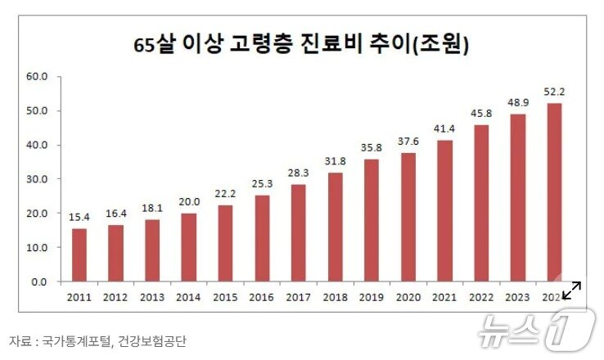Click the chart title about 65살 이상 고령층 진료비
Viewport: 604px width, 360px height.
click(301, 43)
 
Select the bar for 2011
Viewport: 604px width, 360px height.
click(79, 254)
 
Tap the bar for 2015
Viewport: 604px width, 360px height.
click(225, 243)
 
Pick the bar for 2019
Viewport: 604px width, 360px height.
click(371, 220)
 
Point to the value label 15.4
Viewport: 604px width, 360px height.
click(79, 217)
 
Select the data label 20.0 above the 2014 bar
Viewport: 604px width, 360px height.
click(189, 201)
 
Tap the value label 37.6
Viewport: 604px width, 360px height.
click(408, 141)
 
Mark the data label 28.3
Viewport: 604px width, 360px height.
click(298, 173)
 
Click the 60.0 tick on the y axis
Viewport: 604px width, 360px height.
click(38, 77)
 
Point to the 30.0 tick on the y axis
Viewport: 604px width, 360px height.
click(38, 179)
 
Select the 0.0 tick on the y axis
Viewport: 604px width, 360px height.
click(40, 281)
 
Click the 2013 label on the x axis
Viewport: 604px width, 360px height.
click(152, 297)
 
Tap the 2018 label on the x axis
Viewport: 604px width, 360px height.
click(335, 297)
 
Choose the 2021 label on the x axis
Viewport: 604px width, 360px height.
click(444, 297)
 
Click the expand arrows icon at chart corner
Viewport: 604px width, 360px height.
click(571, 289)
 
